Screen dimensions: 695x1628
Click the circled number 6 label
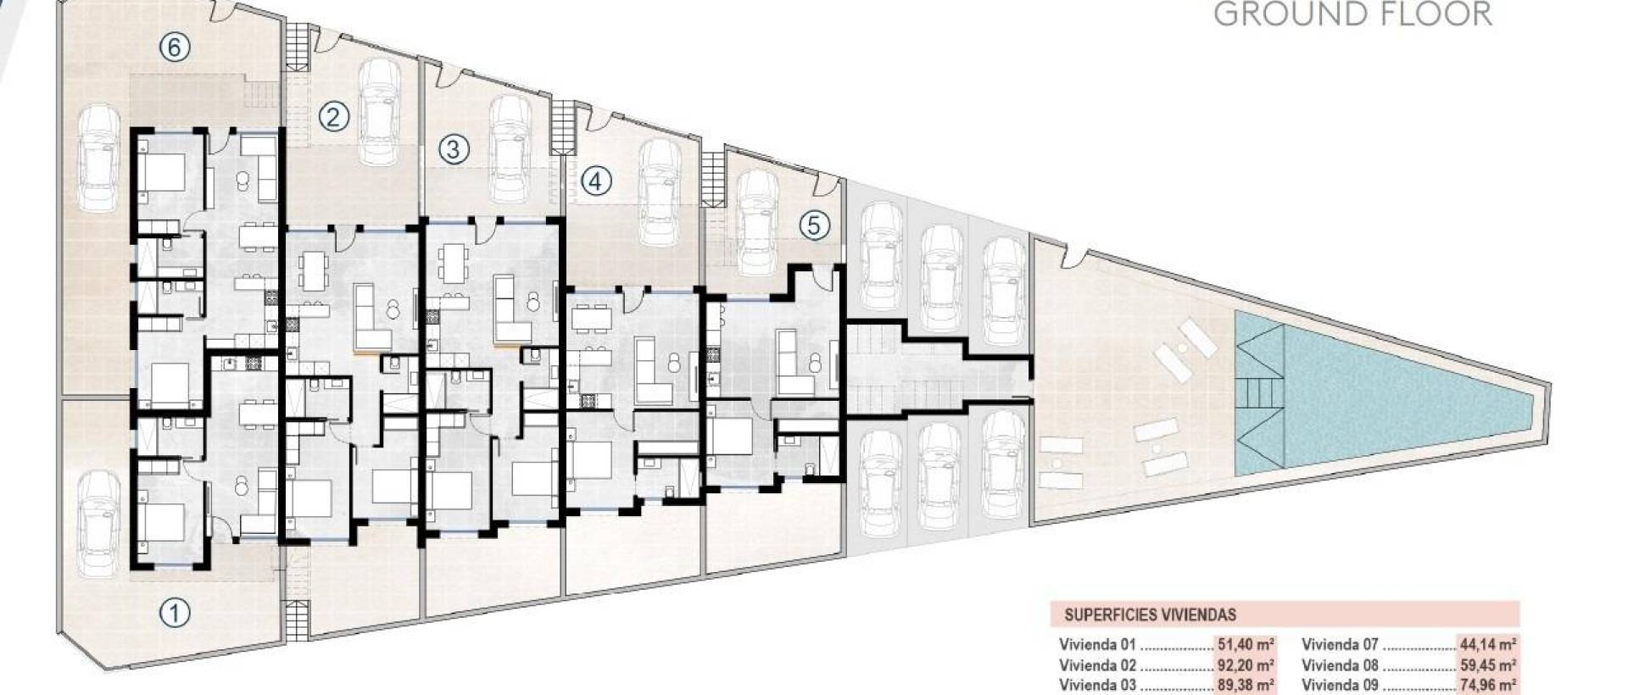point(174,47)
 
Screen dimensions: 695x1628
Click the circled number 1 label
point(175,612)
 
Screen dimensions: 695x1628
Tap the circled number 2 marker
point(333,116)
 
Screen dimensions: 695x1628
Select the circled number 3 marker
point(454,150)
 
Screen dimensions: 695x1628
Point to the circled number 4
point(596,181)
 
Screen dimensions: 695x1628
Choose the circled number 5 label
point(814,225)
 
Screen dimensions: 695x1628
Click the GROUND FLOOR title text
point(1352,14)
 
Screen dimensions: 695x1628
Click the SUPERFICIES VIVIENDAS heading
point(1150,615)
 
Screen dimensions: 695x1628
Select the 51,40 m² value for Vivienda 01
point(1246,644)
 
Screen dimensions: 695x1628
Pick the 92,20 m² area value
point(1246,665)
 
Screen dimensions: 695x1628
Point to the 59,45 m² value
point(1488,665)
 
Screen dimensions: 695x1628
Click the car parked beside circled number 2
point(380,112)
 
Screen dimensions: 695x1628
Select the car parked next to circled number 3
point(510,147)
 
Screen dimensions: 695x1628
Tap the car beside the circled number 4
point(660,192)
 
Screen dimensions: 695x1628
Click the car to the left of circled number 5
point(757,222)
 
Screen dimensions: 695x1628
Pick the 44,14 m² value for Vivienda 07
point(1488,644)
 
